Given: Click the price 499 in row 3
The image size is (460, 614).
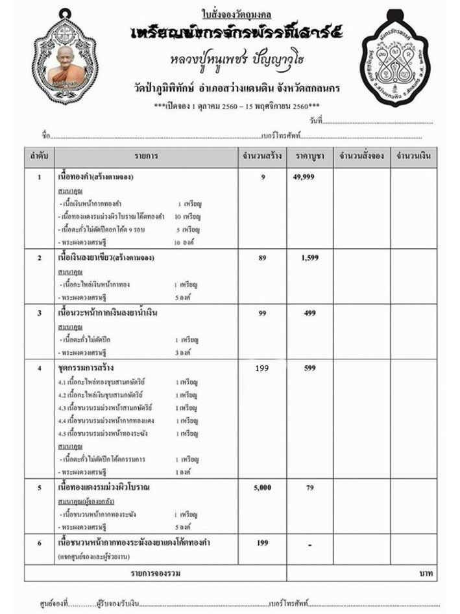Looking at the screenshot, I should [309, 313].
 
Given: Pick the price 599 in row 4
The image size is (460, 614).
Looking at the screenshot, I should [309, 368].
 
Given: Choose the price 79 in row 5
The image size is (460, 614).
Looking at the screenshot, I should [309, 487].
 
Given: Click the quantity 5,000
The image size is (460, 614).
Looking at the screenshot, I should [263, 487].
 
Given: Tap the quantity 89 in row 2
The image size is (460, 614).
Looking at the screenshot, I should [263, 258].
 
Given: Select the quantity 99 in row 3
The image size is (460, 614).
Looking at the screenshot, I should [263, 313].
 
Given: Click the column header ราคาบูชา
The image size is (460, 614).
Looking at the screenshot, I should [309, 157].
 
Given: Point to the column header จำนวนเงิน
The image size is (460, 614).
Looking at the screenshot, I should [413, 157].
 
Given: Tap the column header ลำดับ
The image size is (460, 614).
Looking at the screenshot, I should [39, 157].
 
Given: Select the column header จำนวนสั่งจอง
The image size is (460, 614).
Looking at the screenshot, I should [361, 157].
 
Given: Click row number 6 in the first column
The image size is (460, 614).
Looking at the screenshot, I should [39, 543].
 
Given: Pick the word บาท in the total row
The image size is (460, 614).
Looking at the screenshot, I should [425, 573].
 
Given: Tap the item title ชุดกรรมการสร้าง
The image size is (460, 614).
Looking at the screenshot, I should [86, 368].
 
